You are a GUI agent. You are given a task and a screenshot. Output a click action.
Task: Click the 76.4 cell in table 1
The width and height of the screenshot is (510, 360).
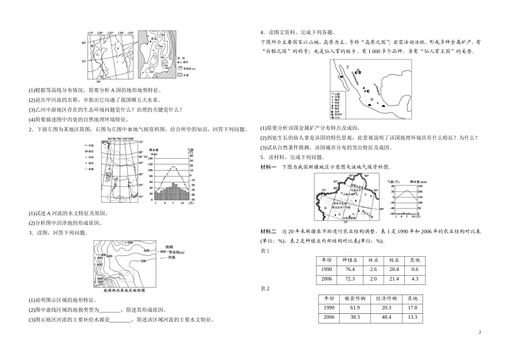[x=349, y=269]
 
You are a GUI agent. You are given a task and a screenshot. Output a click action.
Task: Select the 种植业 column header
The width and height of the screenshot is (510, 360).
[x=349, y=260]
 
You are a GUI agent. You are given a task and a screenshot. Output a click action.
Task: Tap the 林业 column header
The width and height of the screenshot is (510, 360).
[x=374, y=260]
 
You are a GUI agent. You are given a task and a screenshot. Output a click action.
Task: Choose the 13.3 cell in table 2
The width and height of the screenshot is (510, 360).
[x=412, y=318]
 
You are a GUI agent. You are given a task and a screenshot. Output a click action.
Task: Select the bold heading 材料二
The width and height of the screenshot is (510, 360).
[x=268, y=231]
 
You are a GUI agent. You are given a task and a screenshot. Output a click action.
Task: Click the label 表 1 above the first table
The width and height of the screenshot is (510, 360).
[x=265, y=250]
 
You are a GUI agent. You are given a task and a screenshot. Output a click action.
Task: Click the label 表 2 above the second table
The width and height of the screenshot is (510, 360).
[x=265, y=289]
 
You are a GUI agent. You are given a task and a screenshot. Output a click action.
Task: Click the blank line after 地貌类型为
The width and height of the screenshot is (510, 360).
[x=111, y=310]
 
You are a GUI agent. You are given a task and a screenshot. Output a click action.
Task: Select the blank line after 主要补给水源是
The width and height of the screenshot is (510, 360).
[x=120, y=319]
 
